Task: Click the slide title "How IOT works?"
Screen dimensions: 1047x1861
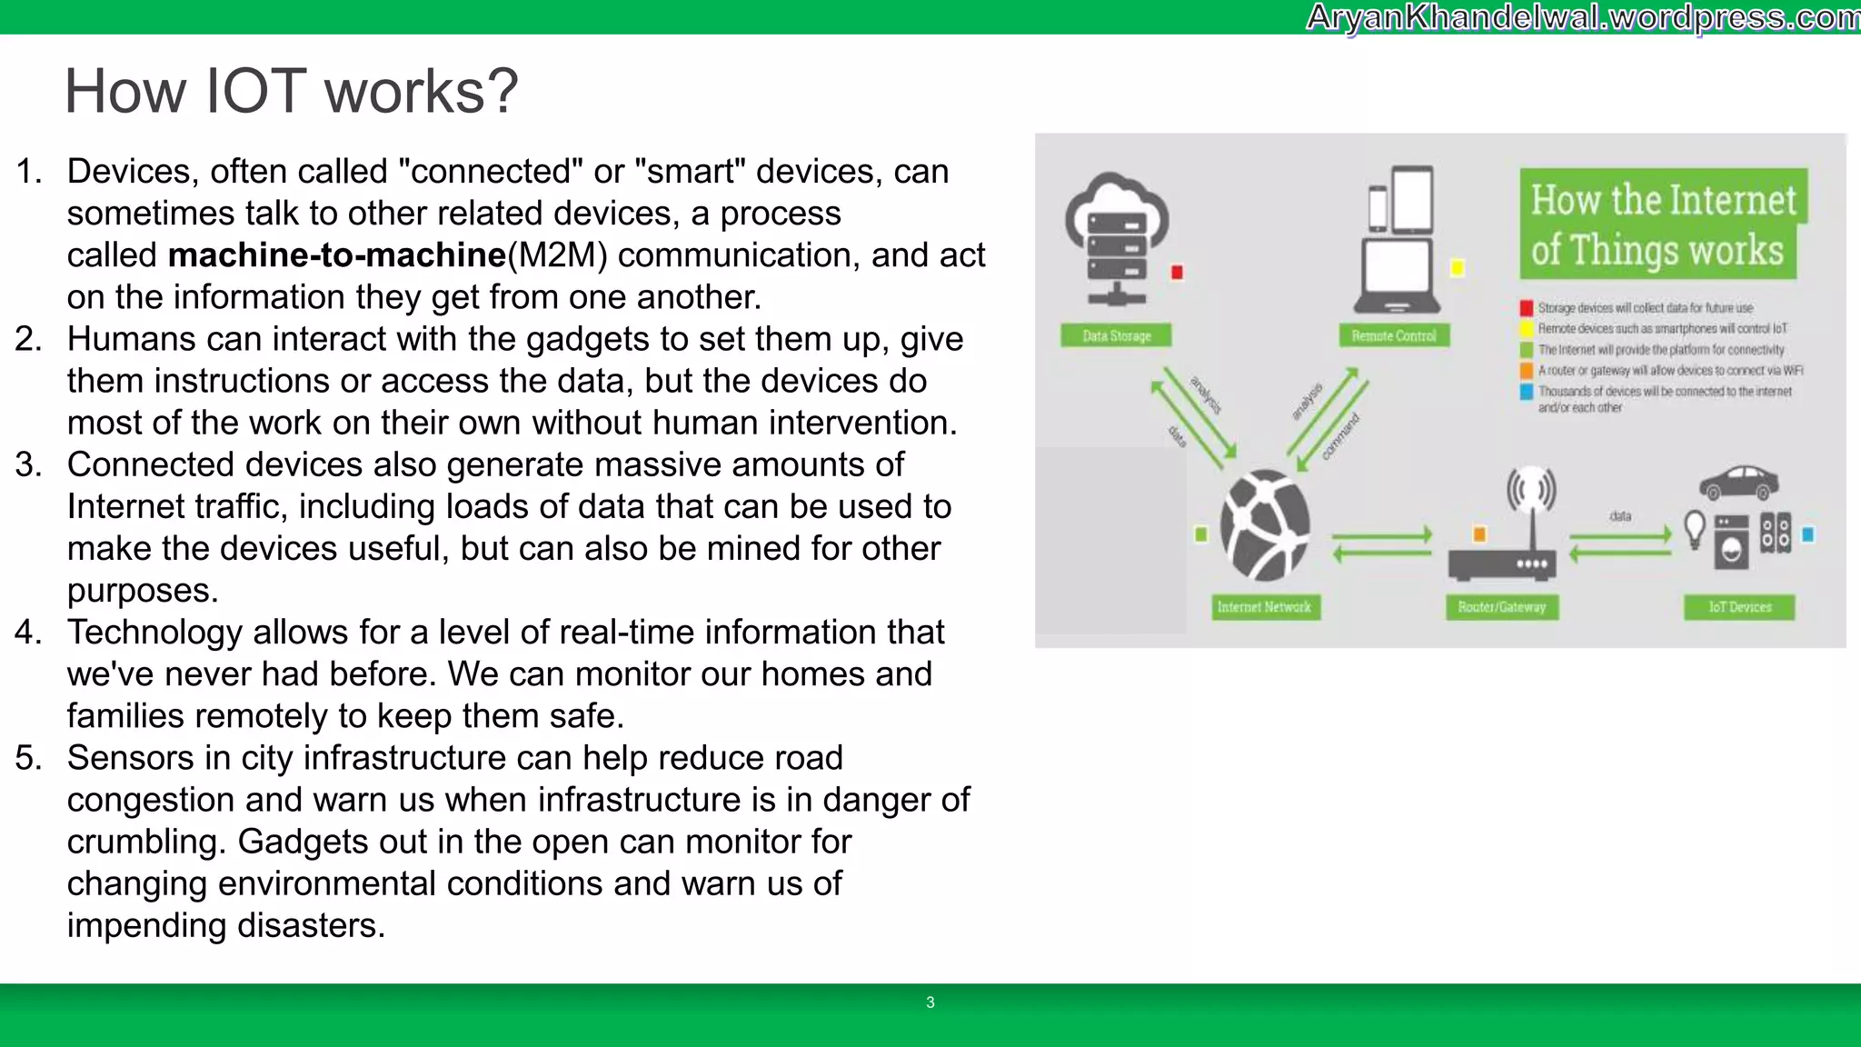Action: [291, 92]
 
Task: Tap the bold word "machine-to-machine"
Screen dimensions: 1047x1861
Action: [336, 255]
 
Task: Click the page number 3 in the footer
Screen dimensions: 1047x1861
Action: [930, 1002]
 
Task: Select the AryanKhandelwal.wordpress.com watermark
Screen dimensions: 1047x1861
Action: [1582, 17]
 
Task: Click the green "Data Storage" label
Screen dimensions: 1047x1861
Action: [1116, 335]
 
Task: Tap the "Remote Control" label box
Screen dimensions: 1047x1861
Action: [1394, 335]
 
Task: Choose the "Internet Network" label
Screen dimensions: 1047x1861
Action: [1264, 606]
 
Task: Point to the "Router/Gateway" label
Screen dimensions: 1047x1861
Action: [1501, 606]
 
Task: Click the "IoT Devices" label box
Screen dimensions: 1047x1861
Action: [1739, 606]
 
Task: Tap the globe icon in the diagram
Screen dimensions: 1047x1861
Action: [1265, 525]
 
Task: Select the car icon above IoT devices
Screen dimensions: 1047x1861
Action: [1738, 483]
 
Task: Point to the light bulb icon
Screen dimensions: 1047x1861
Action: [1695, 529]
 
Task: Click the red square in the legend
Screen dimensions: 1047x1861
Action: [1527, 308]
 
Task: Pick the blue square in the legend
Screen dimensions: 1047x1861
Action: [1527, 392]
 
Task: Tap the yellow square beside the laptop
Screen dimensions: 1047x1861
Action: [1458, 268]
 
